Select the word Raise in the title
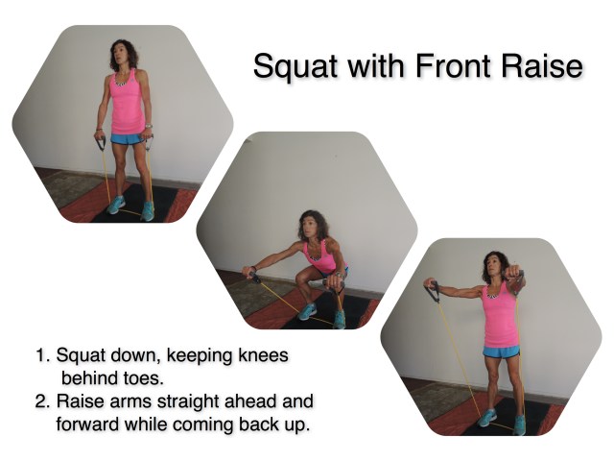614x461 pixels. click(544, 67)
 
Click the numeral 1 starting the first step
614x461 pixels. click(41, 356)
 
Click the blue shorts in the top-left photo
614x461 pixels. click(126, 139)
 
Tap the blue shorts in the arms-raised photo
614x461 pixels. click(500, 352)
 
